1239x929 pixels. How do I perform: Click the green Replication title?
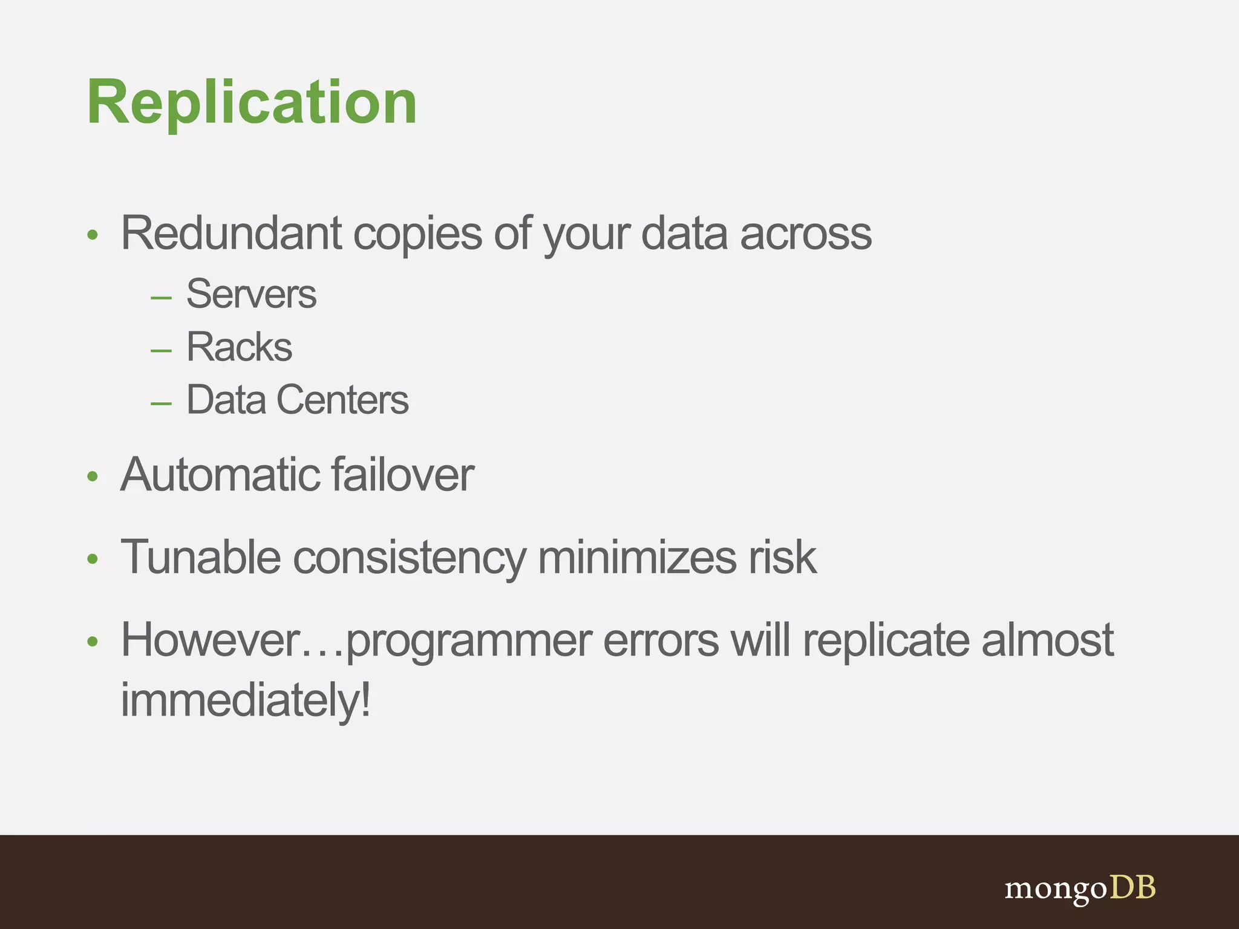[x=252, y=103]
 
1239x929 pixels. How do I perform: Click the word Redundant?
[x=231, y=233]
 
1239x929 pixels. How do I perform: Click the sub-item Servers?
[x=251, y=295]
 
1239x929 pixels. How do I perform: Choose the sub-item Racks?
[x=239, y=347]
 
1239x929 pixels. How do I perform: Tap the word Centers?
[x=342, y=400]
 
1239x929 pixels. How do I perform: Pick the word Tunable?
[x=200, y=557]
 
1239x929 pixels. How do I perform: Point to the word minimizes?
[x=636, y=557]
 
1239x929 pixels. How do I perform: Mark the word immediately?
[x=246, y=700]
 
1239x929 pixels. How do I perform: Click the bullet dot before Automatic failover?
[x=92, y=477]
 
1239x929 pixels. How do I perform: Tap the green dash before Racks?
[x=161, y=350]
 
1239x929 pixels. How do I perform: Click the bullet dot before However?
[x=92, y=641]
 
